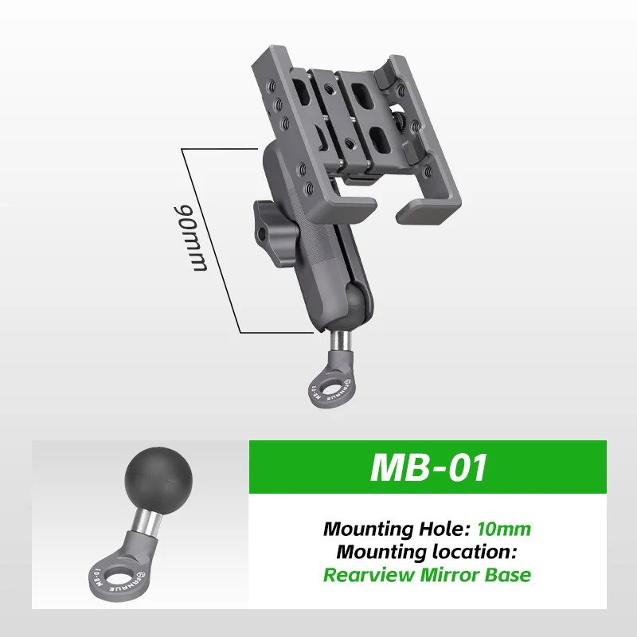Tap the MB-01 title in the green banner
(428, 468)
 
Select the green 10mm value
(504, 528)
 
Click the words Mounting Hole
(397, 528)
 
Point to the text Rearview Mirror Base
(427, 574)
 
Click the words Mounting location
(427, 550)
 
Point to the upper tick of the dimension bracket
(221, 147)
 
